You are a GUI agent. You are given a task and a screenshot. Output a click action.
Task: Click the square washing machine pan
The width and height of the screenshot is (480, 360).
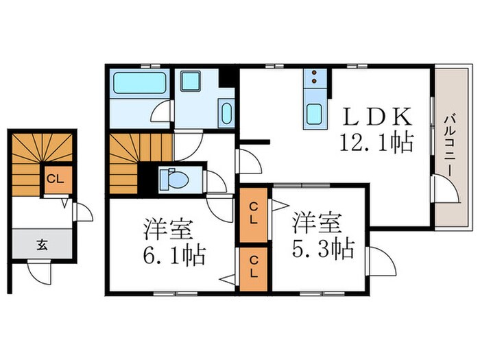click(191, 81)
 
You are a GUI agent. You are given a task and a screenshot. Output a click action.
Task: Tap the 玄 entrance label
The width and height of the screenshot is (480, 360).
click(41, 242)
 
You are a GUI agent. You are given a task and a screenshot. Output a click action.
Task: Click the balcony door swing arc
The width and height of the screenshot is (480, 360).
click(444, 189)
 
